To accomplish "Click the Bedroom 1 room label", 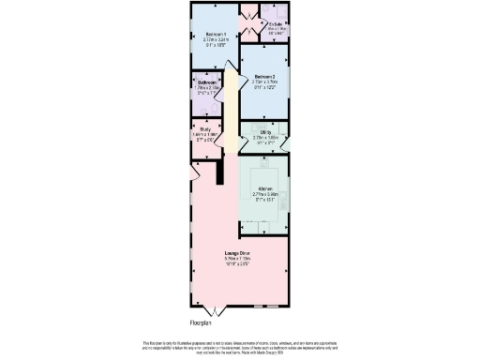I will click(x=216, y=35).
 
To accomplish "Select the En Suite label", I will click(x=276, y=23).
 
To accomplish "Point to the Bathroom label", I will click(x=207, y=82).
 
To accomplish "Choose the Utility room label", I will click(x=265, y=132).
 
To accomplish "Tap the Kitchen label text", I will click(x=264, y=188).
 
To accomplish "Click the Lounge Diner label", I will click(x=236, y=253).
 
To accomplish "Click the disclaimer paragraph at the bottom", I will click(x=240, y=345).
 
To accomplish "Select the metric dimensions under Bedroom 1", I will click(x=216, y=40).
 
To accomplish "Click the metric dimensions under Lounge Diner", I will click(x=236, y=259).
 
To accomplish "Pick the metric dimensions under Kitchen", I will click(x=264, y=194).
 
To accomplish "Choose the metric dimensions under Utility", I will click(x=265, y=138).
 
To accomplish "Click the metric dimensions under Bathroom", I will click(x=207, y=87).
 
